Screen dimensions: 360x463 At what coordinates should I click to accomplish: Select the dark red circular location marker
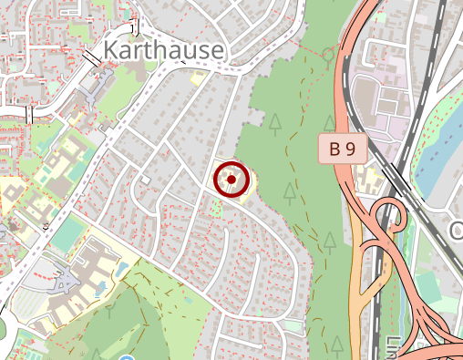coord(231,180)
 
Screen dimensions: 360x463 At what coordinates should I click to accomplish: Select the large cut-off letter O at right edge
coord(457,231)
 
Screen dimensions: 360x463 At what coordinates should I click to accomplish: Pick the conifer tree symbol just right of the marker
coord(289,191)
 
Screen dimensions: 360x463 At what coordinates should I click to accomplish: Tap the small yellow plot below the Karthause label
coord(195,79)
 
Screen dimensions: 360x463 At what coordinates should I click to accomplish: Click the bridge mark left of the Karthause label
coord(92,57)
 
